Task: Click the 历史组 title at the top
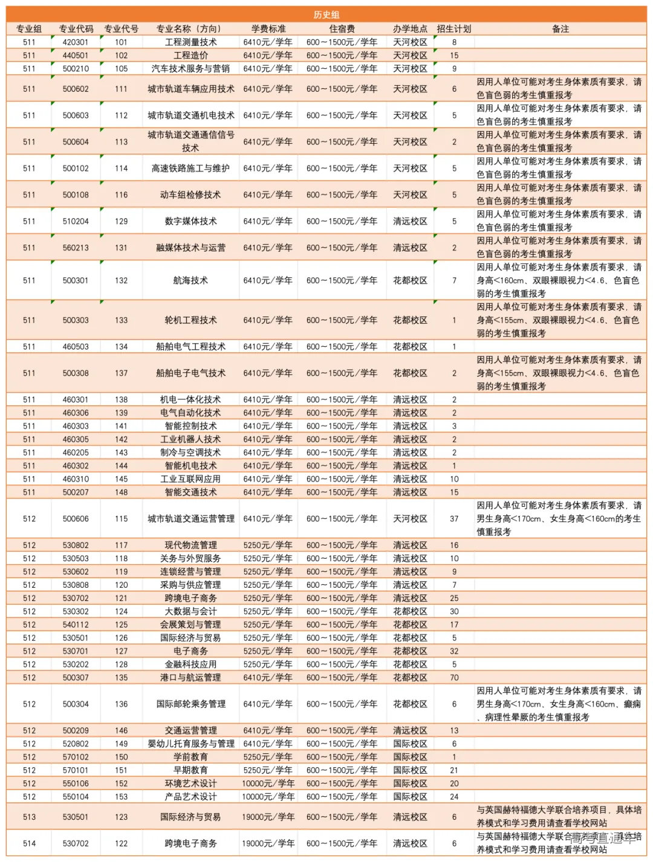326,14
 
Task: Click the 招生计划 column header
453,28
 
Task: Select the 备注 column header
560,28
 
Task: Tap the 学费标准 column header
268,28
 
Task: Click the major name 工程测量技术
190,42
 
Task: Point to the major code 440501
76,56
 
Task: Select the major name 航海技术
190,280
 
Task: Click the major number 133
121,320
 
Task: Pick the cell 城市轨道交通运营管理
190,519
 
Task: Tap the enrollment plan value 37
454,519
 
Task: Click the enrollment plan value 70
454,678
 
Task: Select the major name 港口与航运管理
190,678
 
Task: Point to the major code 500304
76,704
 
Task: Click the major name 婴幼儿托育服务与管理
190,744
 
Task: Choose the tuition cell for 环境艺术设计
268,783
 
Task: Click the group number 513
29,817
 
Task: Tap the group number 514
29,843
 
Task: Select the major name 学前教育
190,757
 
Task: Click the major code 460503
76,347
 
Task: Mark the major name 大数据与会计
190,611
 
